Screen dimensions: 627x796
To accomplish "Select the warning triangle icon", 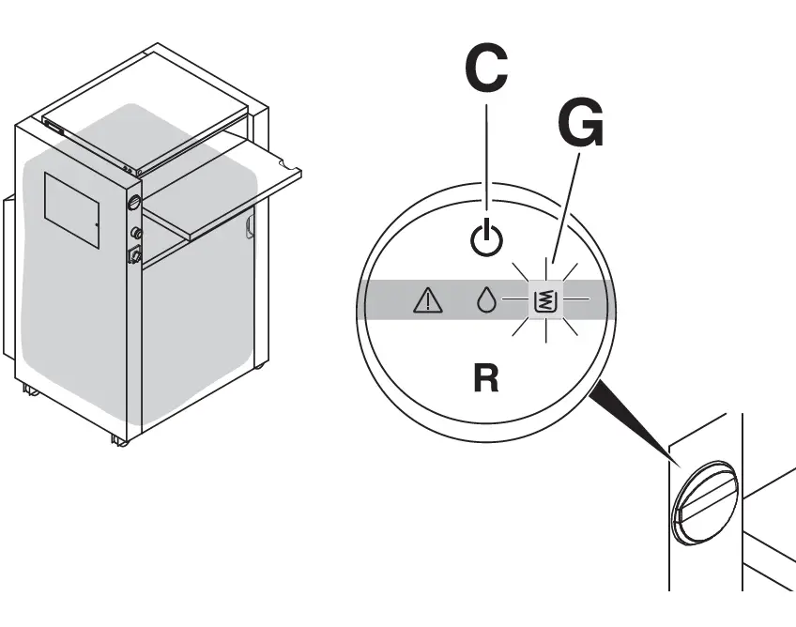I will pos(427,300).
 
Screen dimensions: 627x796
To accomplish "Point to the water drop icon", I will pos(484,300).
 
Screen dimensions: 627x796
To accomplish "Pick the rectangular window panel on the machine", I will pos(72,208).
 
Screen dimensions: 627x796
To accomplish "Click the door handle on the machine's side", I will pos(250,226).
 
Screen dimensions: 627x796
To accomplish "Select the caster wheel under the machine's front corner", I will pos(118,438).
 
